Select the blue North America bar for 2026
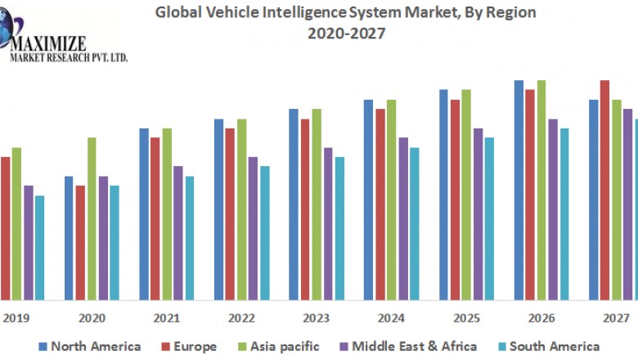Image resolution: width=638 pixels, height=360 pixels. click(x=519, y=189)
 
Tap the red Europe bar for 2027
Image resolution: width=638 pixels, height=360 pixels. click(x=604, y=189)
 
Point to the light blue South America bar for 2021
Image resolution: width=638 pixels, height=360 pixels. click(x=190, y=237)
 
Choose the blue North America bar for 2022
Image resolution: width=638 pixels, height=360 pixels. click(x=218, y=209)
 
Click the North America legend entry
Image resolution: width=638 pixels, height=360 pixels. click(x=89, y=346)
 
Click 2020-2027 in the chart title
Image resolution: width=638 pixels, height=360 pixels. click(x=347, y=33)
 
